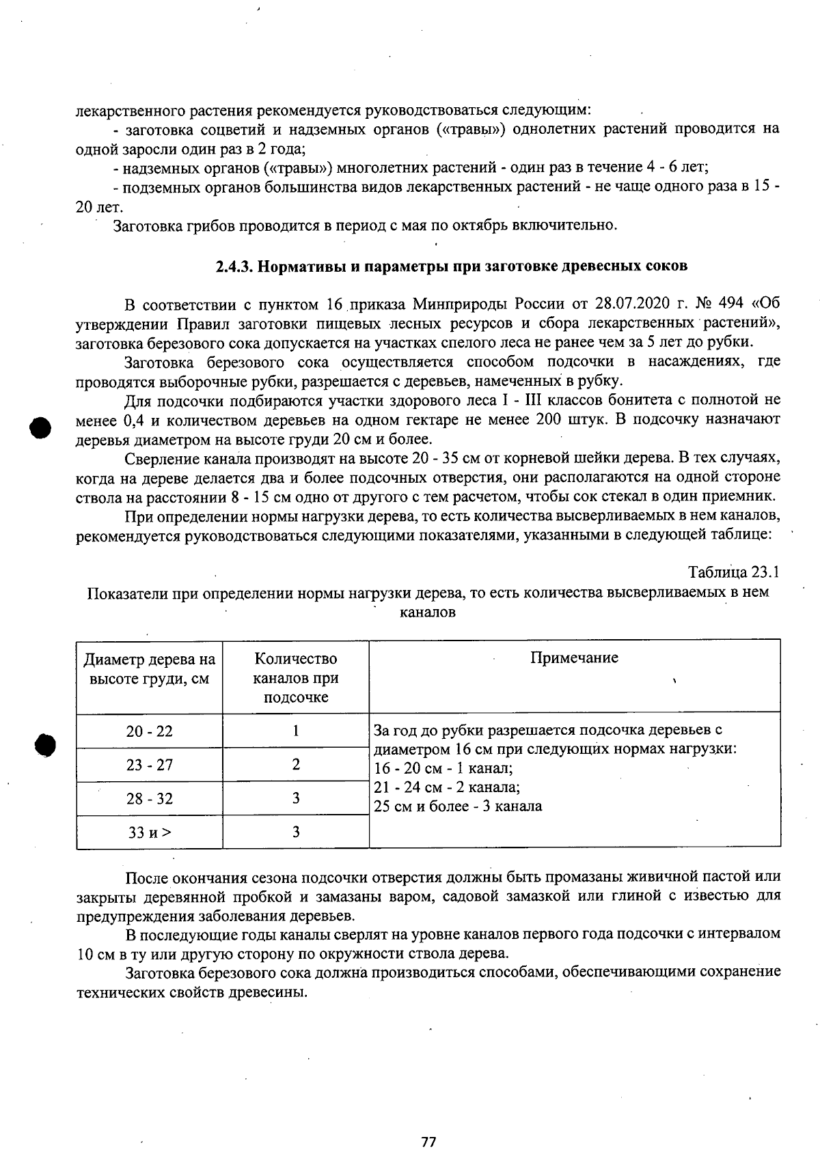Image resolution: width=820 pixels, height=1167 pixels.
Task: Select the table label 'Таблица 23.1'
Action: (x=734, y=572)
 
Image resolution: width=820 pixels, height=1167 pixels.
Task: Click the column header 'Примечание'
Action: (x=574, y=658)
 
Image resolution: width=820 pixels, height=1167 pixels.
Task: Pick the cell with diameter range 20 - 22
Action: (x=149, y=731)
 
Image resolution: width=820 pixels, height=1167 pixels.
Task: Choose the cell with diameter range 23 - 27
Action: (x=149, y=765)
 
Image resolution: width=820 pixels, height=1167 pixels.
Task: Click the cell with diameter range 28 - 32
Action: (x=149, y=798)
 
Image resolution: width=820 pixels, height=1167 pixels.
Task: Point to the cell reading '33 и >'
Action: (x=149, y=832)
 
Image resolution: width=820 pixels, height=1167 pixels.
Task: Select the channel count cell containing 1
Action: (x=295, y=731)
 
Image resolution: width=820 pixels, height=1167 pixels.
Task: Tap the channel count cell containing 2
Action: (x=295, y=765)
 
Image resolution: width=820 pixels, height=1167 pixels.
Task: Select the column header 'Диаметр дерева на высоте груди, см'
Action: (x=149, y=669)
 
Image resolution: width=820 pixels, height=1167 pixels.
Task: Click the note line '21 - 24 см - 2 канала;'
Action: (x=448, y=787)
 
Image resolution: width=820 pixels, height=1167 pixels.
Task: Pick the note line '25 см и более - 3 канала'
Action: (x=458, y=806)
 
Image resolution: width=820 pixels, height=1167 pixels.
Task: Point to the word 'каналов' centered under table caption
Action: (x=428, y=612)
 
